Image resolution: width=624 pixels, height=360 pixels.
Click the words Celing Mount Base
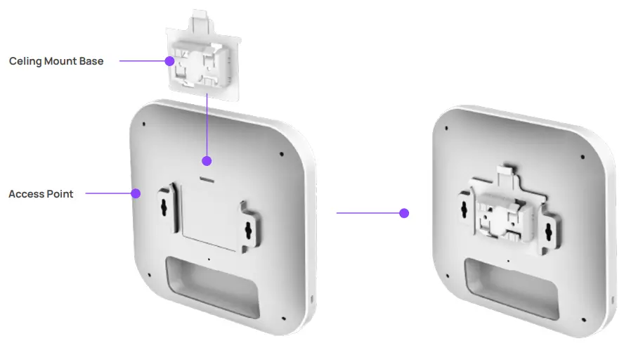click(56, 61)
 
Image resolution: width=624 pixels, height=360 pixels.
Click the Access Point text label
click(41, 194)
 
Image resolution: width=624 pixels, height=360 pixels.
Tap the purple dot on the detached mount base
click(169, 61)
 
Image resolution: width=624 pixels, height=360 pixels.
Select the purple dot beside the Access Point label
click(136, 193)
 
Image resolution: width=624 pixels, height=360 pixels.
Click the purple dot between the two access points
click(404, 212)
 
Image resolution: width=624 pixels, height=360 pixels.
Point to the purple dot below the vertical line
click(207, 161)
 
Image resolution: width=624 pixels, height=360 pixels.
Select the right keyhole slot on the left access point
click(248, 229)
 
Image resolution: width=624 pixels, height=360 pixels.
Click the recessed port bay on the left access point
click(209, 285)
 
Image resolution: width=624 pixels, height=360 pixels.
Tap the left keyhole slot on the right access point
click(464, 204)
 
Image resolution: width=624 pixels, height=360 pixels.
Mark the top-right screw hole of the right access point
click(583, 156)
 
